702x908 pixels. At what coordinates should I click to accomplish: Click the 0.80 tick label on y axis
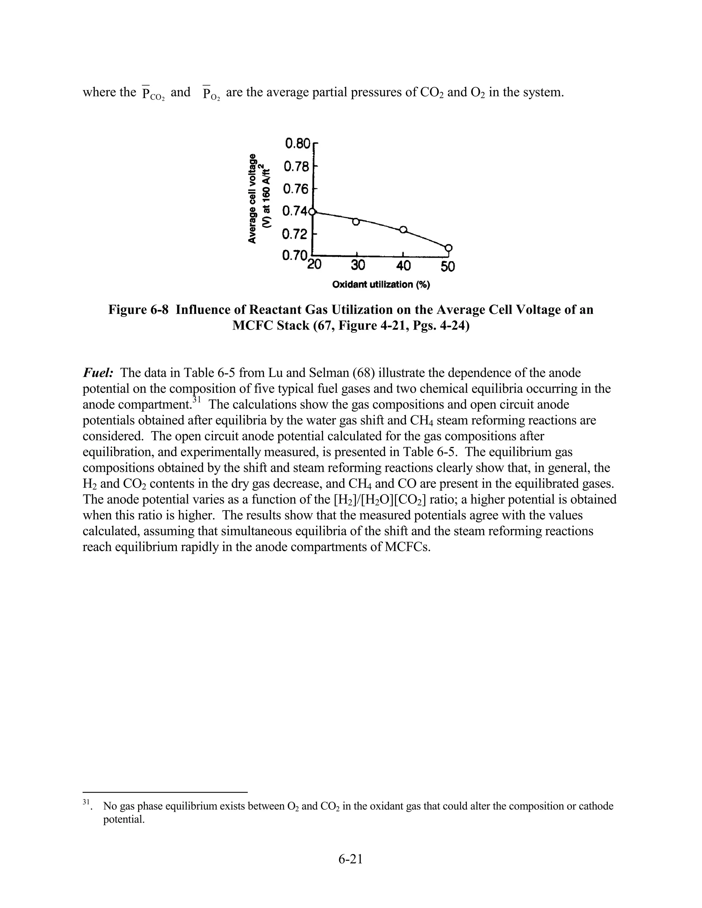coord(298,144)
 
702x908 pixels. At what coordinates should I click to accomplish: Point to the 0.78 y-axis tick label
coord(296,167)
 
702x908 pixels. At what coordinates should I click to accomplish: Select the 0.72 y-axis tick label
coord(295,234)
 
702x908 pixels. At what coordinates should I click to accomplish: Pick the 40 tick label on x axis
coord(403,266)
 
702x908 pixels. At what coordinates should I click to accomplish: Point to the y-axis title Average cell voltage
coord(252,198)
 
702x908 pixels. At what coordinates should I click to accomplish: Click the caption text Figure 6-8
coord(138,310)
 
